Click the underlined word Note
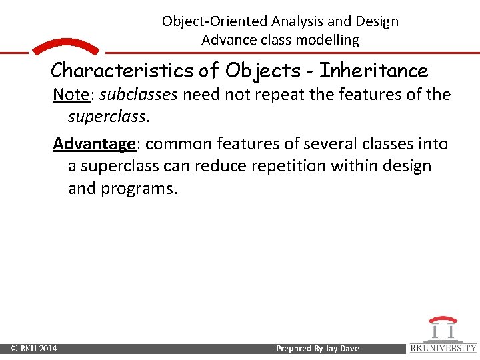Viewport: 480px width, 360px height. coord(71,95)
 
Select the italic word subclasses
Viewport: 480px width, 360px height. coord(138,95)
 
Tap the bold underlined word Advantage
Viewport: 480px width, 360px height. coord(94,144)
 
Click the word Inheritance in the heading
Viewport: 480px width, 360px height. coord(374,70)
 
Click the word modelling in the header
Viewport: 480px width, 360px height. coord(327,40)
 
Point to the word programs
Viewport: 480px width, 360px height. coord(139,189)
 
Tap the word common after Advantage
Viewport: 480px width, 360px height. coord(173,144)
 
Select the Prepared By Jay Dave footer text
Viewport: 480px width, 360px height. coord(317,349)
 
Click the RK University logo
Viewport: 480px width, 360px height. coord(443,335)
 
